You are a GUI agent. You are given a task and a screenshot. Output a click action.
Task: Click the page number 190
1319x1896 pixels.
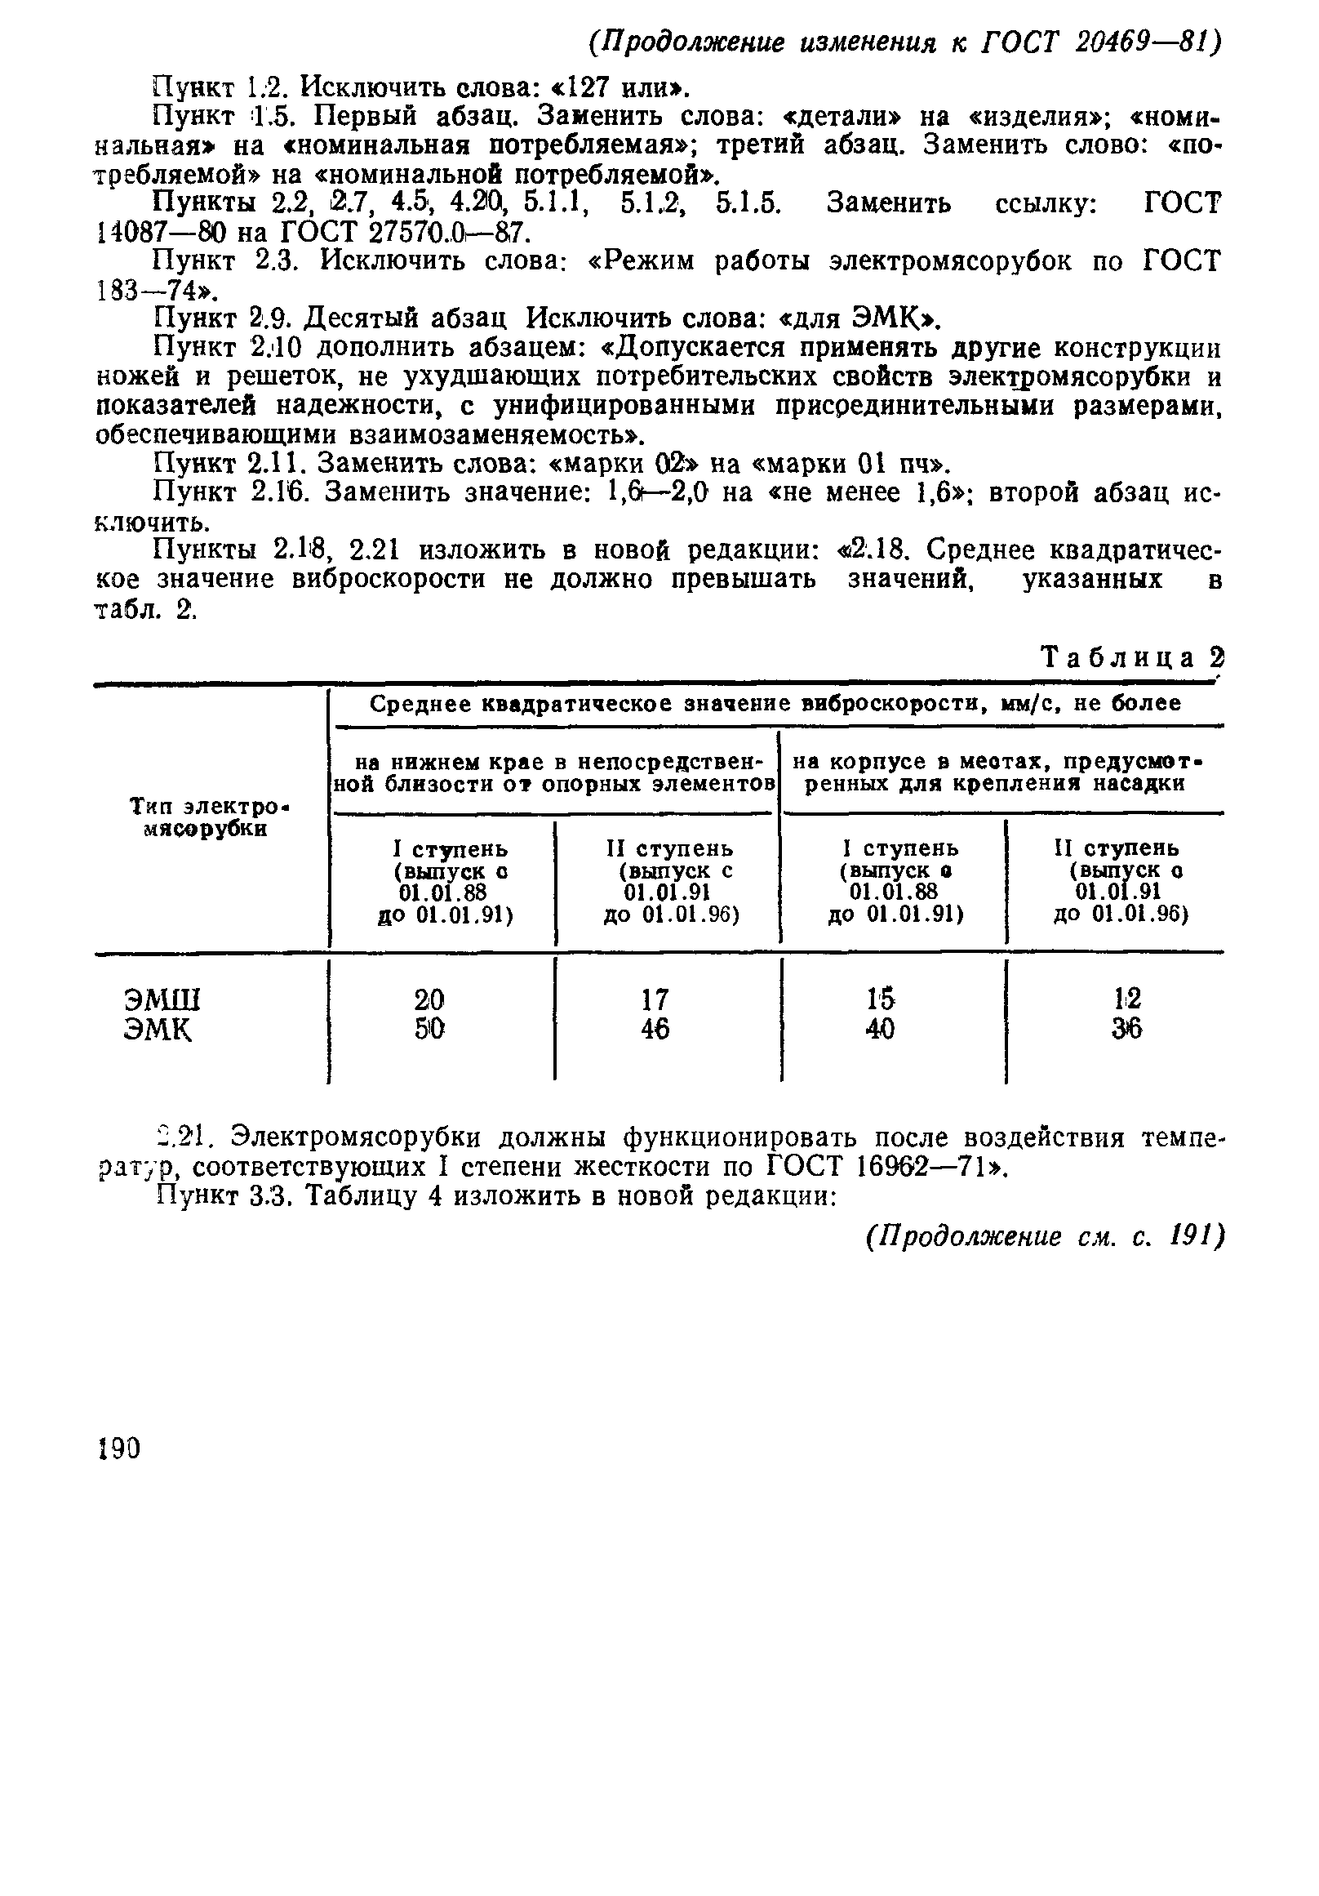coord(120,1449)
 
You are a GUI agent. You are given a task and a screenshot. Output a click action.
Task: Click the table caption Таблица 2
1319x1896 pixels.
coord(1131,657)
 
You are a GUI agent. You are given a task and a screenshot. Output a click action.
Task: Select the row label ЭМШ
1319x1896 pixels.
coord(162,1000)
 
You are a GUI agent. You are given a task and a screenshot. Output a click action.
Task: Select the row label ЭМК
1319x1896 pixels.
coord(158,1029)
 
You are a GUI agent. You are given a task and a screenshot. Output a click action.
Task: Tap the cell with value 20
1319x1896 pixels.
coord(429,1000)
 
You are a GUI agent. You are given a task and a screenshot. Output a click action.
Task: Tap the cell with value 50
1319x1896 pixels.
coord(429,1029)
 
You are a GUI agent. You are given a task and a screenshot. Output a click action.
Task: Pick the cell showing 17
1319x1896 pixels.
coord(655,1000)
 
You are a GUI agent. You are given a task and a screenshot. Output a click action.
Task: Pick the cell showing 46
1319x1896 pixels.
coord(655,1029)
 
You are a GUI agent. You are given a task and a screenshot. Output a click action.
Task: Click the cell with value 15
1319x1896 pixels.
coord(880,999)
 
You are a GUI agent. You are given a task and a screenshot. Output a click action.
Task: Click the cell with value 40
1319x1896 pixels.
coord(880,1029)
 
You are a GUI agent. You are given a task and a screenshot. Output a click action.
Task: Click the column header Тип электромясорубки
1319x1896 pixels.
coord(212,817)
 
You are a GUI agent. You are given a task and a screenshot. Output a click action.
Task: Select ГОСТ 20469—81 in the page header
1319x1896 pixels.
coord(1099,42)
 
